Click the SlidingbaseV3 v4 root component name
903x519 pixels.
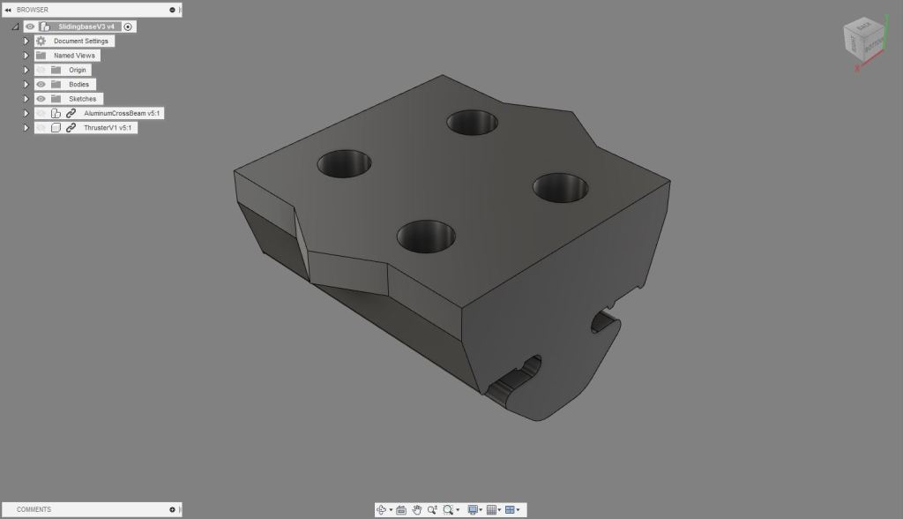pyautogui.click(x=86, y=26)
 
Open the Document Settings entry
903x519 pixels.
pyautogui.click(x=80, y=41)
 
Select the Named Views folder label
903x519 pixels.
pyautogui.click(x=74, y=56)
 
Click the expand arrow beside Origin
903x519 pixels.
pyautogui.click(x=26, y=70)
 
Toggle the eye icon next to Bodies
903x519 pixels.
pyautogui.click(x=41, y=84)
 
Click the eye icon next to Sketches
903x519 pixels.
pyautogui.click(x=41, y=99)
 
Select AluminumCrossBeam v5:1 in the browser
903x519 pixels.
pyautogui.click(x=122, y=113)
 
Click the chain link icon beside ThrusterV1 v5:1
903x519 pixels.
pyautogui.click(x=71, y=128)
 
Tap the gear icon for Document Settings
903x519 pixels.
pyautogui.click(x=41, y=41)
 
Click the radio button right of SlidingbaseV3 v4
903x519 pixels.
pyautogui.click(x=128, y=26)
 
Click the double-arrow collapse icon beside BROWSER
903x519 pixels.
pyautogui.click(x=8, y=9)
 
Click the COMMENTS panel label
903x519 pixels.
pyautogui.click(x=34, y=509)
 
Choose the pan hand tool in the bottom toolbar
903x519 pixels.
pyautogui.click(x=417, y=509)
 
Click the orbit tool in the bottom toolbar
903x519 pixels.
pyautogui.click(x=381, y=509)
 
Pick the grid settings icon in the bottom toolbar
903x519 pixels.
pyautogui.click(x=492, y=509)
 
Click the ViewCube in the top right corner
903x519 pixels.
pyautogui.click(x=863, y=41)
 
